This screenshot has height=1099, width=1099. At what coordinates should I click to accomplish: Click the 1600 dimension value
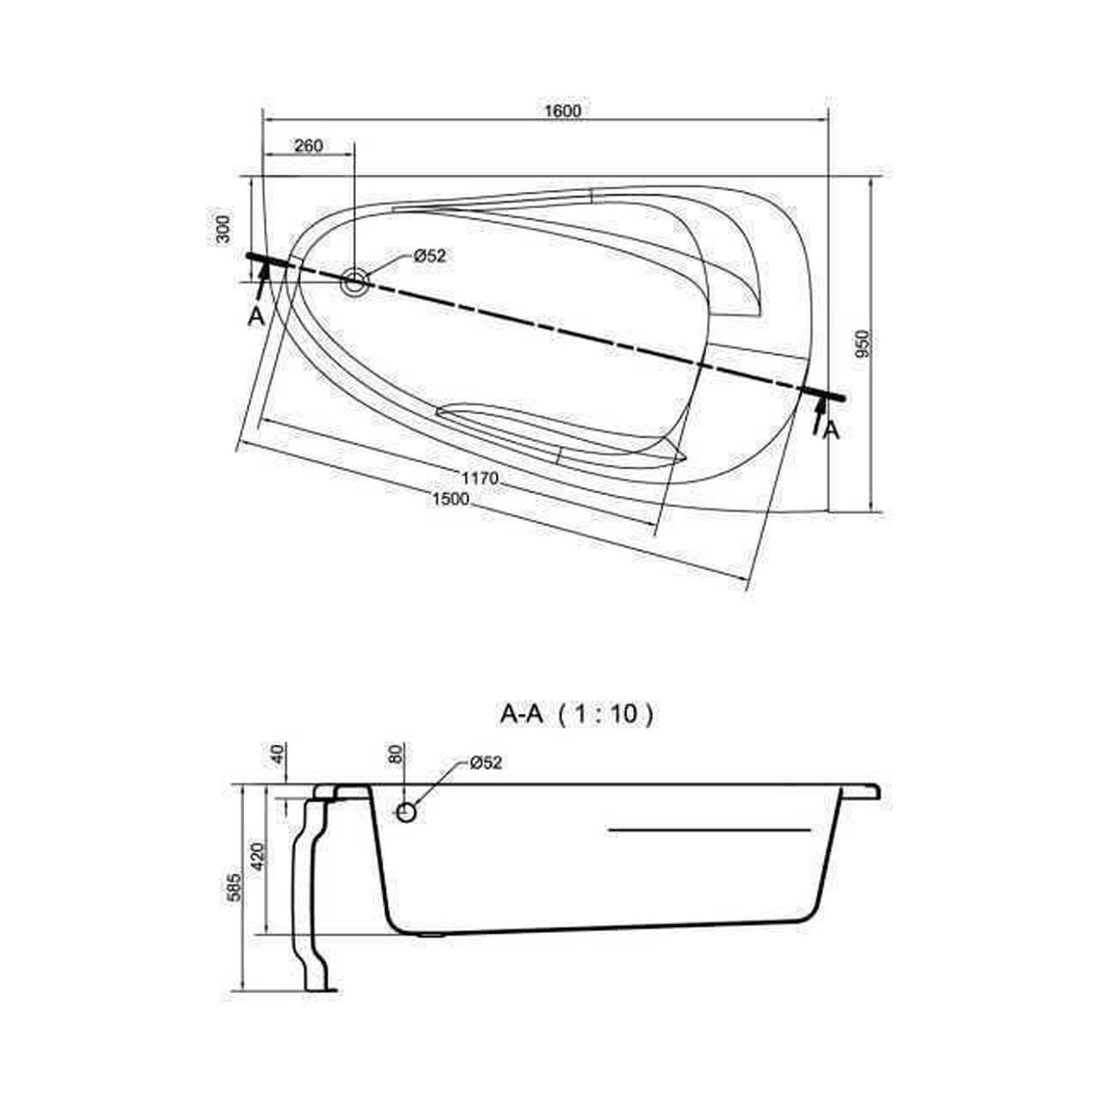pyautogui.click(x=562, y=111)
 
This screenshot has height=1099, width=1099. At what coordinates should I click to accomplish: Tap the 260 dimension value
pyautogui.click(x=308, y=146)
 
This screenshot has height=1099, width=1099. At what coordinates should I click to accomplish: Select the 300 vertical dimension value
pyautogui.click(x=224, y=228)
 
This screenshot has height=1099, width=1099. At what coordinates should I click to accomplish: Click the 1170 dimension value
pyautogui.click(x=480, y=478)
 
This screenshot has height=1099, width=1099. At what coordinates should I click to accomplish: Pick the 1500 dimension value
pyautogui.click(x=451, y=499)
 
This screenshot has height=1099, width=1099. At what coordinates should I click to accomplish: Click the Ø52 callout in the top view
pyautogui.click(x=430, y=256)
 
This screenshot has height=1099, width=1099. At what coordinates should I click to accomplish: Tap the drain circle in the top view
pyautogui.click(x=354, y=282)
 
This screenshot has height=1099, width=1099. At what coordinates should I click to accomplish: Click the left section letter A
pyautogui.click(x=256, y=316)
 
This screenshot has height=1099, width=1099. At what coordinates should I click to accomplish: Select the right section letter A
pyautogui.click(x=832, y=430)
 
